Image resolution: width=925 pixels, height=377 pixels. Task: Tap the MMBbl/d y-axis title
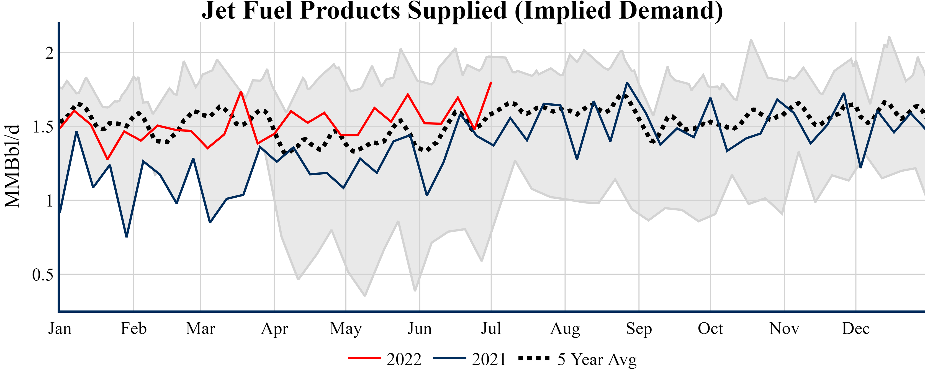click(12, 166)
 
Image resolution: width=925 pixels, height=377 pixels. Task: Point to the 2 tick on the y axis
click(49, 53)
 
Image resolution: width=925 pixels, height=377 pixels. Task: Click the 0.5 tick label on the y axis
click(42, 275)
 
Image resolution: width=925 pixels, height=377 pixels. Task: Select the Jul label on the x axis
click(491, 328)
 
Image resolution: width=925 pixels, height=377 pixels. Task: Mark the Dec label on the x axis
click(856, 328)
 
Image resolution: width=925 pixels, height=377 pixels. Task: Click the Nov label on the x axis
click(784, 328)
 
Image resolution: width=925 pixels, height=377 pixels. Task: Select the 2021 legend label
click(489, 359)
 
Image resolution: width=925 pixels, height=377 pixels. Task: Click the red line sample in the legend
click(364, 358)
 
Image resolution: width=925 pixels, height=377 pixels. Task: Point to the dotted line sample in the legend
click(534, 358)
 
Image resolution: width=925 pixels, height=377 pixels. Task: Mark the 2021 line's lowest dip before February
click(126, 237)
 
